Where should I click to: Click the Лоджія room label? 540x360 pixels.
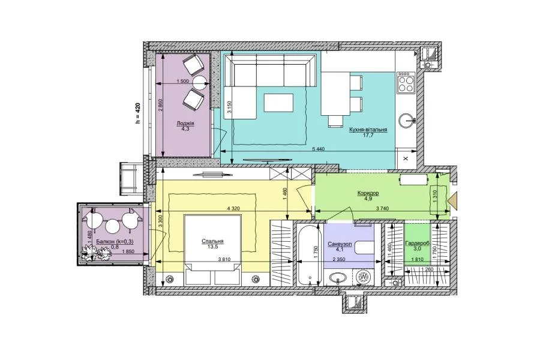click(185, 124)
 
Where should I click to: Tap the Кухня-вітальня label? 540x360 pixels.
click(368, 130)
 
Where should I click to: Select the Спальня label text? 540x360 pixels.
click(213, 241)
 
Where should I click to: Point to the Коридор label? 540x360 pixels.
click(368, 193)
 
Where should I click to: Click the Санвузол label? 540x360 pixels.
click(340, 244)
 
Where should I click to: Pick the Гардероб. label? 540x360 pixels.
click(418, 243)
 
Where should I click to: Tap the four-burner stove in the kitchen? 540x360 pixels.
click(406, 82)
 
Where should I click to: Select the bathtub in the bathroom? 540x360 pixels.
click(309, 255)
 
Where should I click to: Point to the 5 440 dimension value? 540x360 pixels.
click(319, 149)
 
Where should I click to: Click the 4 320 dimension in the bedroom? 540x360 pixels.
click(233, 208)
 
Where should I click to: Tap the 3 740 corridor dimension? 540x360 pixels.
click(383, 208)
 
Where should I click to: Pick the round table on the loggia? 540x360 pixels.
click(199, 83)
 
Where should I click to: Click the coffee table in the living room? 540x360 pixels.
click(278, 103)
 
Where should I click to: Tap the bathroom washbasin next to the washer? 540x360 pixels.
click(338, 277)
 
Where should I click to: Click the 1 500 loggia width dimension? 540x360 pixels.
click(183, 82)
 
